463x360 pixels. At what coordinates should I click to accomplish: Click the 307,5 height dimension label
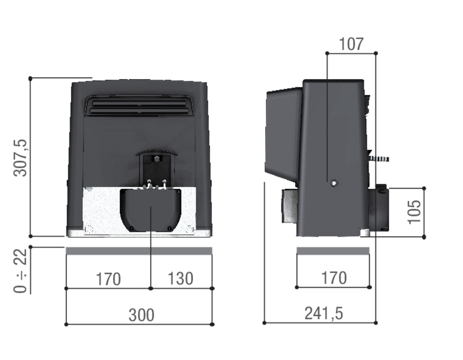point(21,157)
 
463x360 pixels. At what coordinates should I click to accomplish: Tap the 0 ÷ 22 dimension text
point(21,271)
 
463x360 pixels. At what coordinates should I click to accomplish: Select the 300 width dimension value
point(141,314)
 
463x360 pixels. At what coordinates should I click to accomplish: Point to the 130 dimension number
point(181,278)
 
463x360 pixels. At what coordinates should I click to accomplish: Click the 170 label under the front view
point(108,279)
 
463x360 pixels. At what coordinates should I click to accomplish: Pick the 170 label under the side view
point(334,278)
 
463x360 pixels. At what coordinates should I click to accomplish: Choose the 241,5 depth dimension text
point(324,313)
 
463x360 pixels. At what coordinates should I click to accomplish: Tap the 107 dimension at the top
point(351,44)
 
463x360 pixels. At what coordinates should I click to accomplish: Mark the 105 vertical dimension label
point(414,211)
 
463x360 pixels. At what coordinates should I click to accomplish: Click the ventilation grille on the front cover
point(138,106)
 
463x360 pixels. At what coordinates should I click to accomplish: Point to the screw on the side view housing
point(334,183)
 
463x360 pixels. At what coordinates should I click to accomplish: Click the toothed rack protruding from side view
point(379,159)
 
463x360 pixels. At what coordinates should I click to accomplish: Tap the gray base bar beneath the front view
point(139,250)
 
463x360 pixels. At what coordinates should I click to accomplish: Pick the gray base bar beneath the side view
point(333,250)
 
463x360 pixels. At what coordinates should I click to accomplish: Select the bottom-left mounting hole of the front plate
point(88,229)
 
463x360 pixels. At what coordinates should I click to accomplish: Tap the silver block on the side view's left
point(289,206)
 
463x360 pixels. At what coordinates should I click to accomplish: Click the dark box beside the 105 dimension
point(381,208)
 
